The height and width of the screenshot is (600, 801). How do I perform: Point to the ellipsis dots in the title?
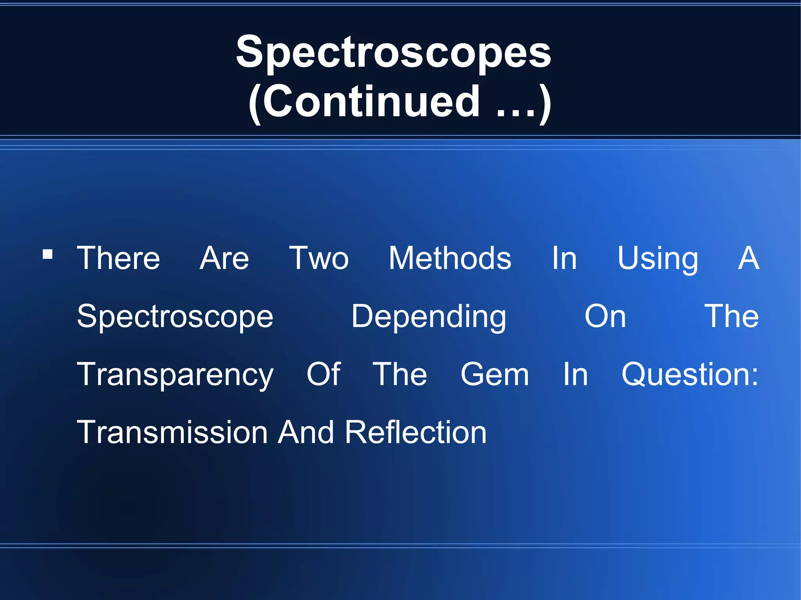click(x=516, y=113)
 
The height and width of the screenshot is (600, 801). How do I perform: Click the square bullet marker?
click(x=47, y=254)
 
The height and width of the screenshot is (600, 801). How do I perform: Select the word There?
click(x=118, y=258)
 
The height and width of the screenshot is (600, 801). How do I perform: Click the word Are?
click(x=224, y=258)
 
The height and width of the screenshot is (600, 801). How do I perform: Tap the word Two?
click(x=319, y=258)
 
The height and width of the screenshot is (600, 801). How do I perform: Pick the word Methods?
click(x=450, y=258)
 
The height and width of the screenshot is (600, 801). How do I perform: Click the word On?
click(x=605, y=316)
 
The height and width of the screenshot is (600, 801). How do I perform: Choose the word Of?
click(x=323, y=374)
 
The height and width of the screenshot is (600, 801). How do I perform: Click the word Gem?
click(x=495, y=374)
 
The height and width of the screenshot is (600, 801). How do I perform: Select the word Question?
click(x=690, y=374)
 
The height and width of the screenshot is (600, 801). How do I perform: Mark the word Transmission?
click(x=172, y=432)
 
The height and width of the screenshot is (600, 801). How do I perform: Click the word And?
click(x=306, y=432)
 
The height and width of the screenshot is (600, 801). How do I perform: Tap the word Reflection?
click(x=416, y=432)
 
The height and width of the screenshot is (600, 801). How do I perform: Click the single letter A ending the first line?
click(x=749, y=258)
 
